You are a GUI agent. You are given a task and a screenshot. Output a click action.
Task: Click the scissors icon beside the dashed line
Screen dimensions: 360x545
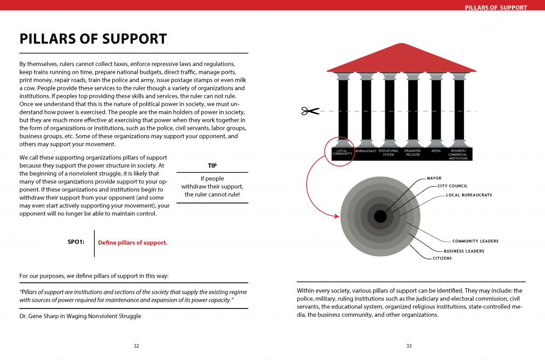point(310,111)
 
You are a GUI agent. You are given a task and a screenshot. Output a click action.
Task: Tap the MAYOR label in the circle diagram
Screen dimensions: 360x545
point(434,178)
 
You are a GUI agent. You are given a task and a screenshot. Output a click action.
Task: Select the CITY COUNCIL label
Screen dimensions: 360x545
point(452,186)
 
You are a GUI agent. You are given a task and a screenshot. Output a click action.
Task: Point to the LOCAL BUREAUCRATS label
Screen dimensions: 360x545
point(469,195)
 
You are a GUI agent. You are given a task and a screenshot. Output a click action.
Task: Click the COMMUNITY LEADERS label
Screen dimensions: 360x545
point(475,241)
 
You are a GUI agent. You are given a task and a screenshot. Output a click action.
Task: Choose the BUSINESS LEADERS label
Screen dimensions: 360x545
point(464,251)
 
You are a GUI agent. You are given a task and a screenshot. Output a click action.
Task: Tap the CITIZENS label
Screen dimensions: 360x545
point(442,258)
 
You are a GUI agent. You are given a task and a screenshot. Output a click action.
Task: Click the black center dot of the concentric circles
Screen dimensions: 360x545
point(380,216)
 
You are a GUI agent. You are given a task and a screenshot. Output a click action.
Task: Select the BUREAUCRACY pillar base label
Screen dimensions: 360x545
point(366,151)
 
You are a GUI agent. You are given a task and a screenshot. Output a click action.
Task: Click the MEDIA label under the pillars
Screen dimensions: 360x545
point(436,151)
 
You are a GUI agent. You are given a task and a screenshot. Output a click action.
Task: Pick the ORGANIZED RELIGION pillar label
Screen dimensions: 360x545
point(412,153)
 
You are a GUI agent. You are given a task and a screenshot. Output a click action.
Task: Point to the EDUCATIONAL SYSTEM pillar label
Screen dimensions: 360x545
point(389,153)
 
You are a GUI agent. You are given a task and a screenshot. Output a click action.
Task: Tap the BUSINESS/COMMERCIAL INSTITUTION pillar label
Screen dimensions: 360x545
point(458,154)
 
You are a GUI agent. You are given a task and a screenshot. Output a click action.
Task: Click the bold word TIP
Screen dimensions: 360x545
point(212,165)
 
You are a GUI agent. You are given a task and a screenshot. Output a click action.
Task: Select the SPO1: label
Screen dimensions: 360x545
point(76,242)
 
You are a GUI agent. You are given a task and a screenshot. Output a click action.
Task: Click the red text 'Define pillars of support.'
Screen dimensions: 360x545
point(133,243)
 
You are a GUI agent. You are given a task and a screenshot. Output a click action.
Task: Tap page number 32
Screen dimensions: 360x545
point(136,346)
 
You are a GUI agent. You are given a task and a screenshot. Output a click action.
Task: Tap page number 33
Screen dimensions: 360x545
point(409,346)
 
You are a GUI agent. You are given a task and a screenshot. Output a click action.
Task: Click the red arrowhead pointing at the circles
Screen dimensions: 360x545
point(337,216)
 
